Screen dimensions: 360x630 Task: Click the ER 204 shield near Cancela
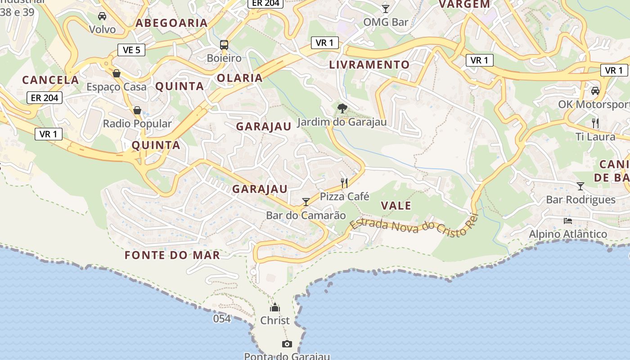pos(44,97)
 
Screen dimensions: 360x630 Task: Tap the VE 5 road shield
pos(131,50)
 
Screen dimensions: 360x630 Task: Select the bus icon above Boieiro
pos(224,45)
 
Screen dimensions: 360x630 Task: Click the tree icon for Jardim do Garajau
pos(342,108)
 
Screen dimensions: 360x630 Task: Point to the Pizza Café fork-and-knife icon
pos(344,183)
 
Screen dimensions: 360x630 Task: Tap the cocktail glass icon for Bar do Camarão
pos(306,202)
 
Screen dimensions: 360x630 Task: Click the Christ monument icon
pos(274,308)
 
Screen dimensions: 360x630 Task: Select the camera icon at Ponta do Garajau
pos(287,344)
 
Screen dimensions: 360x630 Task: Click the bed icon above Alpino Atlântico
pos(568,220)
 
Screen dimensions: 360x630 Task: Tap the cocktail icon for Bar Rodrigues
pos(580,186)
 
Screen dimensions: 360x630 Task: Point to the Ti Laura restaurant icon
pos(595,122)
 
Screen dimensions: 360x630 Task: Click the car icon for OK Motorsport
pos(595,90)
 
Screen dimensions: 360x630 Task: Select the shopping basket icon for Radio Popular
pos(137,110)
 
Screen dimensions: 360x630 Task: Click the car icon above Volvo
pos(102,16)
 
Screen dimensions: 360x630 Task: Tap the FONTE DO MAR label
pos(172,255)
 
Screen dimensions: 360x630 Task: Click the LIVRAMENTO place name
pos(369,64)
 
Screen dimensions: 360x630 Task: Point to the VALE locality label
pos(396,206)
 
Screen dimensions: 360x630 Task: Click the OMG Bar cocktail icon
pos(386,9)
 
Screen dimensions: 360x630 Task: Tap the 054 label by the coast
pos(222,319)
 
